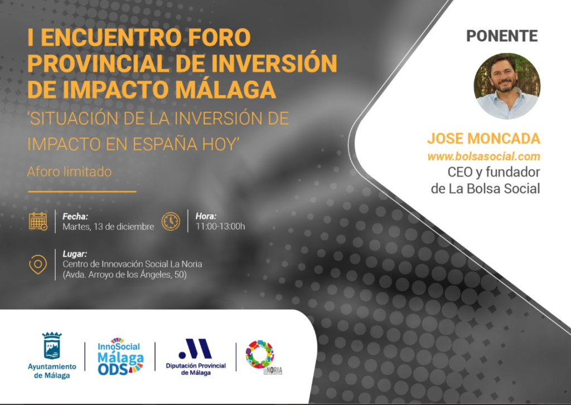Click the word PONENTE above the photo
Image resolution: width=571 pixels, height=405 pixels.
click(x=502, y=36)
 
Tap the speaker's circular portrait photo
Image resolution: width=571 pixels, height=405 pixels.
click(x=507, y=86)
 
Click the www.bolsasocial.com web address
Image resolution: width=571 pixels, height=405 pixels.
click(x=484, y=157)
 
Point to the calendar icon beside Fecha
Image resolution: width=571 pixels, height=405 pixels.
click(x=38, y=221)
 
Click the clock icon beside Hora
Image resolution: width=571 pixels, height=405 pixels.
click(x=171, y=221)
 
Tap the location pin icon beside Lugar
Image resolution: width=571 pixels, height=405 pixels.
click(x=38, y=264)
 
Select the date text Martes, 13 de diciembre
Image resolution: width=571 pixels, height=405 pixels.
click(x=108, y=227)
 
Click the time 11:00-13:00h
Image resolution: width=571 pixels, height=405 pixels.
click(x=220, y=227)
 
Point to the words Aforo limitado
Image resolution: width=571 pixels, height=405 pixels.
click(x=69, y=172)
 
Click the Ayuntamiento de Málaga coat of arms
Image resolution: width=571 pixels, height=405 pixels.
click(x=52, y=346)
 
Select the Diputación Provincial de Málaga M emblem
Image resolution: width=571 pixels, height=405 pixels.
click(x=195, y=349)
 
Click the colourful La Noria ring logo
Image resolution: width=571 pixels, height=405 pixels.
click(x=260, y=354)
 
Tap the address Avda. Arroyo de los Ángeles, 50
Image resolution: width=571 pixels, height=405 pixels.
click(x=125, y=275)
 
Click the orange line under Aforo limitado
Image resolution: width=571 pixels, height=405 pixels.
click(x=82, y=191)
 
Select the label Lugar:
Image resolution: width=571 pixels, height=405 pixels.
click(x=76, y=253)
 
